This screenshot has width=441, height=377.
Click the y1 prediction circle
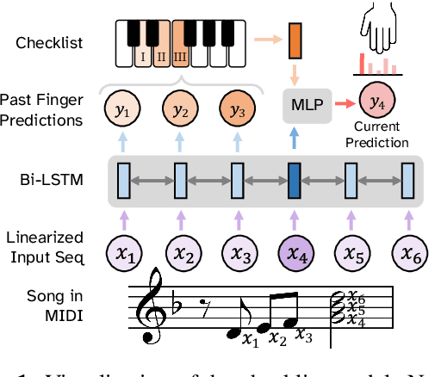tap(122, 110)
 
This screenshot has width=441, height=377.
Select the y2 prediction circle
tap(179, 110)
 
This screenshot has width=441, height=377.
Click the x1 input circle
tap(122, 252)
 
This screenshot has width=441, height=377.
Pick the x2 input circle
tap(179, 252)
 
